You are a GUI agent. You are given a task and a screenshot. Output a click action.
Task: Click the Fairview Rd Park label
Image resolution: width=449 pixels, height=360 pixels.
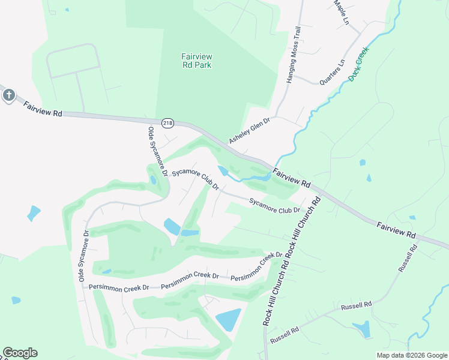click(197, 61)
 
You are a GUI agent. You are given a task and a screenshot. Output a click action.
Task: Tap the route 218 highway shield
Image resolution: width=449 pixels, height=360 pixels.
click(167, 122)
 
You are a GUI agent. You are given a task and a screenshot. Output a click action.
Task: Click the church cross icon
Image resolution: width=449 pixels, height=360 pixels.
click(8, 95)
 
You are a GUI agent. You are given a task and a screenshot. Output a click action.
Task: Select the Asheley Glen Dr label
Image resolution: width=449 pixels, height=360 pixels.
click(250, 131)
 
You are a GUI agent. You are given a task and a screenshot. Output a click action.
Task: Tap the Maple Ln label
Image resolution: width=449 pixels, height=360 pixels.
click(341, 12)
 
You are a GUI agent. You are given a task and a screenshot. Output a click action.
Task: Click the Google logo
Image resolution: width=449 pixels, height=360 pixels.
click(20, 353)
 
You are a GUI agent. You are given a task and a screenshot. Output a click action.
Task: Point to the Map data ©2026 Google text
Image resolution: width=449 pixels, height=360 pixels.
click(411, 355)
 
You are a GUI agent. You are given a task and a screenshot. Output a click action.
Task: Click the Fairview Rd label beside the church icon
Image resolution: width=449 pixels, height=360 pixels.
click(43, 109)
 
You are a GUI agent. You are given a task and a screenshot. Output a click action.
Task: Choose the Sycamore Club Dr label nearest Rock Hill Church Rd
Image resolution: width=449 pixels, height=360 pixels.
click(274, 206)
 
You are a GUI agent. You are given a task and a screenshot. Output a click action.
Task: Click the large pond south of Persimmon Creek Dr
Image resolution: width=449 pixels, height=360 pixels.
click(228, 320)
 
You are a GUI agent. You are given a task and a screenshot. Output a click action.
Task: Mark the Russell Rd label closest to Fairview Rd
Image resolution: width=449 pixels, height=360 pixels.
click(408, 258)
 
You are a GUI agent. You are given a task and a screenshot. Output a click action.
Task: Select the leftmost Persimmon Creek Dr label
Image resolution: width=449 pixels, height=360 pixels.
click(119, 288)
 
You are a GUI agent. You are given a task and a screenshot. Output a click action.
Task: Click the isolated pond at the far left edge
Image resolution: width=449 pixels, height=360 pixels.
click(33, 213)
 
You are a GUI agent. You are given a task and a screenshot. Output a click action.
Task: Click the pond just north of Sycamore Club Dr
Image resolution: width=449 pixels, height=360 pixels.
click(223, 171)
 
